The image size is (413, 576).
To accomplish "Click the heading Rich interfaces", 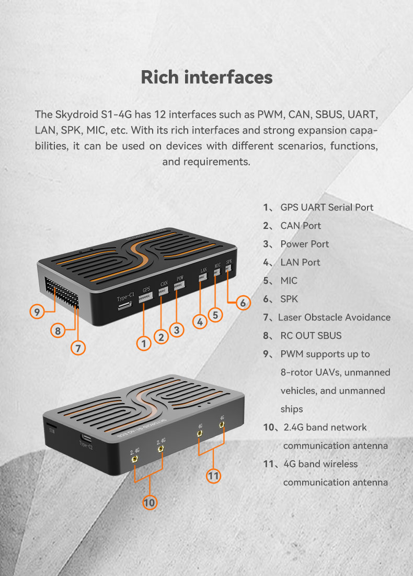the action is coord(206,77).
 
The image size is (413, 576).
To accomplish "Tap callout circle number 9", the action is coord(37,312).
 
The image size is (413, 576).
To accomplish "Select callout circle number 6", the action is coord(243,303).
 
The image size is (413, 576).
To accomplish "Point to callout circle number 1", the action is coord(144,344).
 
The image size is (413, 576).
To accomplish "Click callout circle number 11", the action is coord(213,476).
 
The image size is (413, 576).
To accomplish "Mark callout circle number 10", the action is coord(150,503).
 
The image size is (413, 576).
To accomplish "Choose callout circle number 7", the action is coord(78,348).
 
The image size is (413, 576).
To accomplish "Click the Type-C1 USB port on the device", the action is coord(125,305).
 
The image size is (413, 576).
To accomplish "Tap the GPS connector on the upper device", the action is coord(146,297).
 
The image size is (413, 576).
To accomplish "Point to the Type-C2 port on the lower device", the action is coord(87,438).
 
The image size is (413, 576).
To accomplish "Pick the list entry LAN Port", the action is coord(292,262).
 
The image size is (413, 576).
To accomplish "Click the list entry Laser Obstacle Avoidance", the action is coord(327,317).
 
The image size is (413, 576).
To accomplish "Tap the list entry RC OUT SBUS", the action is coord(302,336).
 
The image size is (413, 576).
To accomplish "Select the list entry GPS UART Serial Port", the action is coord(318,207).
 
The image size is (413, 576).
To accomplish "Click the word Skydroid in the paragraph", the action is coord(77,115).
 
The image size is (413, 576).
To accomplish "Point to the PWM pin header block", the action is coord(62,293).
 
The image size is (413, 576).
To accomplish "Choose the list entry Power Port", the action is coord(296,244).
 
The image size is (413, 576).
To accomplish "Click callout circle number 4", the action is coord(200,322).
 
